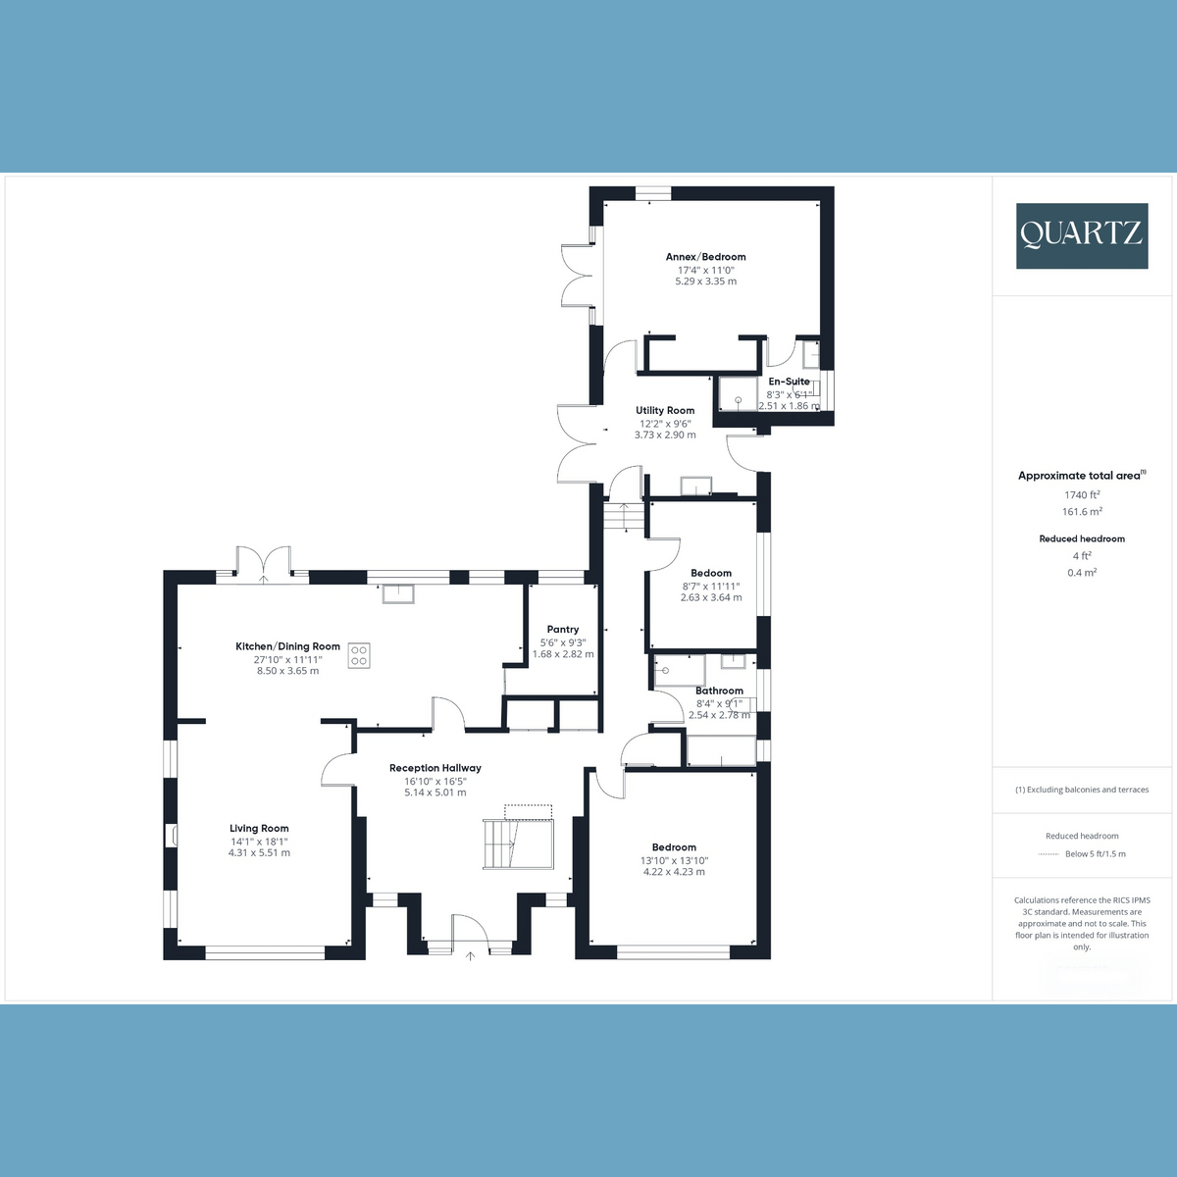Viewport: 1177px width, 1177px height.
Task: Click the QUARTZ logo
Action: [1081, 235]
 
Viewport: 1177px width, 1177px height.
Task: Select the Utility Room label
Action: [665, 411]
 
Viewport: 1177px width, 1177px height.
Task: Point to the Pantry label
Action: [563, 630]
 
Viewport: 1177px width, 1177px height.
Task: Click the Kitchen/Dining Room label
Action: [287, 646]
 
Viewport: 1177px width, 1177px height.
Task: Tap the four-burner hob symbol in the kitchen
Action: [360, 654]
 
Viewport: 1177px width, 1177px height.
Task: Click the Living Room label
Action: [259, 828]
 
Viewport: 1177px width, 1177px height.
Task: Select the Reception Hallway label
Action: [435, 768]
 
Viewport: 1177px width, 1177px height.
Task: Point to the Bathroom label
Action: [719, 691]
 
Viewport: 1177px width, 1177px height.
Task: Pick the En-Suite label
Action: [789, 382]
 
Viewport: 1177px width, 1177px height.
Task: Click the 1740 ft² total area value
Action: [1082, 495]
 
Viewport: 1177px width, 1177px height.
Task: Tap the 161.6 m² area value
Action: [1082, 512]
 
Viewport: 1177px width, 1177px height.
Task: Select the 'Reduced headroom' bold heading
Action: [1082, 538]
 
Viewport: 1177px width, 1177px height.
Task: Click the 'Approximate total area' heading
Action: [1079, 476]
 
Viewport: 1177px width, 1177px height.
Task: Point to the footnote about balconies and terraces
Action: [1082, 790]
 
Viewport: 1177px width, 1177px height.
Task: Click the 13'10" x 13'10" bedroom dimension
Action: [674, 860]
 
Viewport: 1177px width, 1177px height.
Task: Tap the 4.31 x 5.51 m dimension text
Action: [259, 852]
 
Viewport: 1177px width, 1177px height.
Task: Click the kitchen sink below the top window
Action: [399, 591]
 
